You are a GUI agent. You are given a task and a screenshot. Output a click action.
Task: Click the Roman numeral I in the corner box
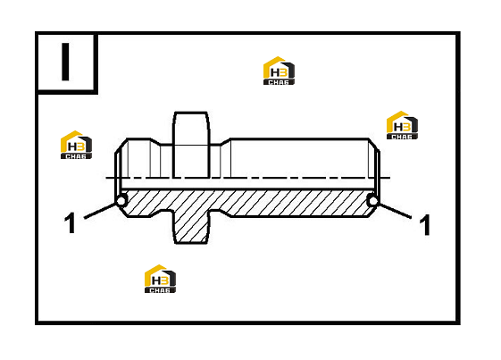(65, 62)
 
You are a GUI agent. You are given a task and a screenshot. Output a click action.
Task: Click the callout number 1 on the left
(70, 222)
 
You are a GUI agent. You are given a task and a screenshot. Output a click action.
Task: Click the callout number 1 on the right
(424, 225)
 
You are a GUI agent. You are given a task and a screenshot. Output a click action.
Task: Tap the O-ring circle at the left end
(121, 201)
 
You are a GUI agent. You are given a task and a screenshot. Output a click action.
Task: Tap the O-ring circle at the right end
(372, 201)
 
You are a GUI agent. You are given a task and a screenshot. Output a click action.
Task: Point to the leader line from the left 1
(100, 211)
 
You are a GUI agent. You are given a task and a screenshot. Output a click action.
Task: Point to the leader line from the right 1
(394, 211)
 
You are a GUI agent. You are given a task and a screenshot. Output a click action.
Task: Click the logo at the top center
(279, 71)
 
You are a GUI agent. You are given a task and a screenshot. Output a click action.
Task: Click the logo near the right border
(402, 125)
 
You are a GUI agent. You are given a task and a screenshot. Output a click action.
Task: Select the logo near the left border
(76, 145)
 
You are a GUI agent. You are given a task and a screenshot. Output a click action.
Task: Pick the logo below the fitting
(160, 279)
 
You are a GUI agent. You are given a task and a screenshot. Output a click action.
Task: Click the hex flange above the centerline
(191, 145)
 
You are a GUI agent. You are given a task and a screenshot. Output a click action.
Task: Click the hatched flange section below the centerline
(191, 225)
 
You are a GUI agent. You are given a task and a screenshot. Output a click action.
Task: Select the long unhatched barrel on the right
(300, 158)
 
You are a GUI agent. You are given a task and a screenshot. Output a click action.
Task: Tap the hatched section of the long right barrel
(299, 204)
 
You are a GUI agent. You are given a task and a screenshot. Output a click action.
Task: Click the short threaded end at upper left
(138, 158)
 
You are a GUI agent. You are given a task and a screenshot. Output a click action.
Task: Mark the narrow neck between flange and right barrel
(221, 161)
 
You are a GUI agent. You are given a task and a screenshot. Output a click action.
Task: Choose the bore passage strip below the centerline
(246, 184)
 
